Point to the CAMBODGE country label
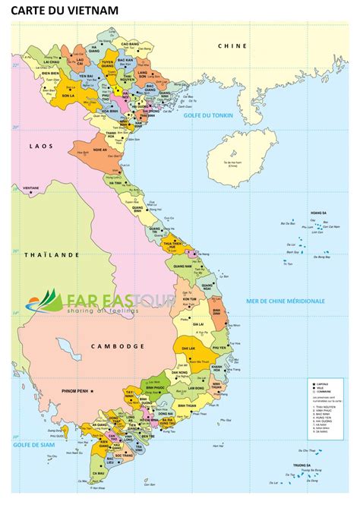tap(117, 346)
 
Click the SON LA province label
tap(68, 97)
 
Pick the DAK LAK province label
tap(185, 347)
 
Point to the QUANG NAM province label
tap(182, 266)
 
